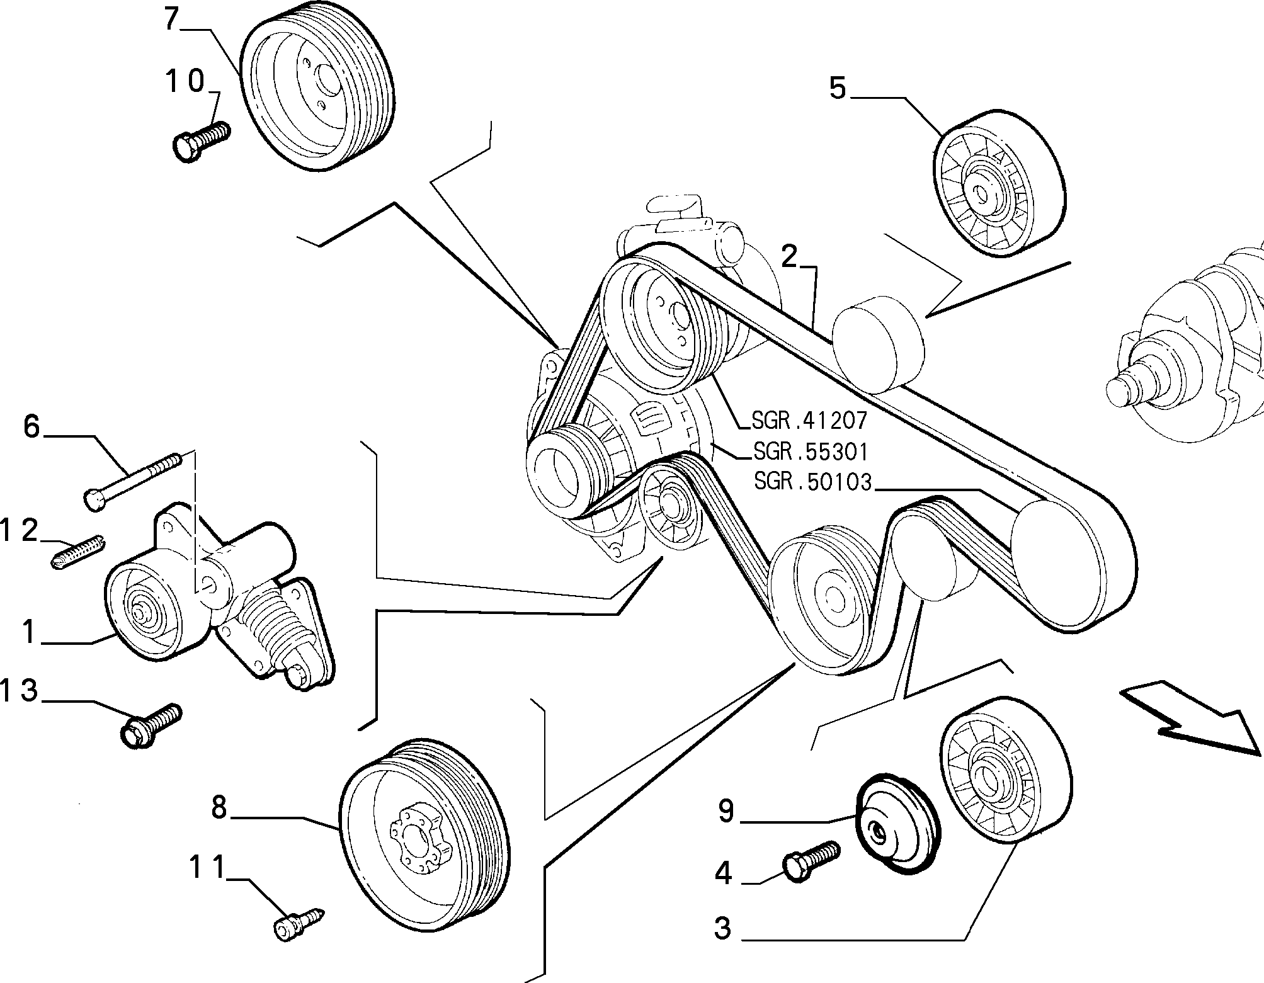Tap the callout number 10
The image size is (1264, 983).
(x=185, y=81)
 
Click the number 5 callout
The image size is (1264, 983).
(x=838, y=88)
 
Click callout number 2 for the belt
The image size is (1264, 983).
(x=789, y=257)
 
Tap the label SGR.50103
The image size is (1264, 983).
(x=812, y=482)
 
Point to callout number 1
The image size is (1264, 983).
(x=28, y=632)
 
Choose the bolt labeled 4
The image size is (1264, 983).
(x=812, y=860)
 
